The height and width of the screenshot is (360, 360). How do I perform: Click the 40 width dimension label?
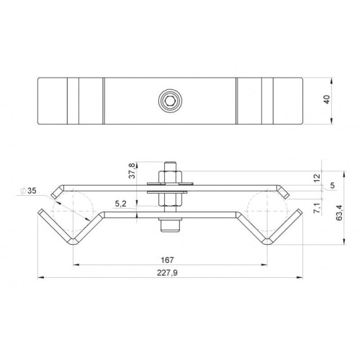327,99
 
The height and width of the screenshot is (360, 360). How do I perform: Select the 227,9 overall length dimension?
167,273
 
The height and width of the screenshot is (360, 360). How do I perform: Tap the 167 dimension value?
167,260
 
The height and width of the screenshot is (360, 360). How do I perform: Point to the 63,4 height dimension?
339,212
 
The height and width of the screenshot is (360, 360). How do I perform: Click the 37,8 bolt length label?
132,171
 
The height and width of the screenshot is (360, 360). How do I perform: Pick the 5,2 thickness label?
120,204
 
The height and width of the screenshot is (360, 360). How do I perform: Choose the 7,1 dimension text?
317,207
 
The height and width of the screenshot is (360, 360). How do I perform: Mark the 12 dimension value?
317,178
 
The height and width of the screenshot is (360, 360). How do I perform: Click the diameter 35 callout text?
29,191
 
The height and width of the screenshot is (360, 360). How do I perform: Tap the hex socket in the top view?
170,100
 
